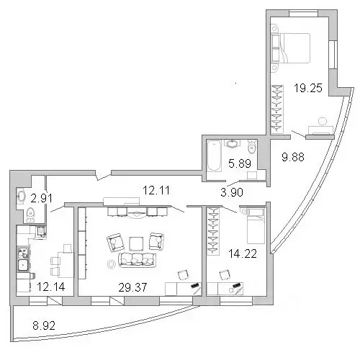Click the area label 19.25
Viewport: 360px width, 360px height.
[308, 88]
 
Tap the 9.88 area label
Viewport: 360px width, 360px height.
[293, 157]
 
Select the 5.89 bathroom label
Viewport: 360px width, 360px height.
[240, 163]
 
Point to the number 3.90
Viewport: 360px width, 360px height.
[232, 192]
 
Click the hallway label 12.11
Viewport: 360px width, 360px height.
[156, 190]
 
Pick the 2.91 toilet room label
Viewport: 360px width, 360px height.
[41, 198]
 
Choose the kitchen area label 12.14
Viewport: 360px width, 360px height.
[51, 287]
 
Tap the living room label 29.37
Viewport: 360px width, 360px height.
[132, 287]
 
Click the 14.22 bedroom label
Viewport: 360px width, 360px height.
[243, 253]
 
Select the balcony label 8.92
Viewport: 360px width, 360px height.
[44, 325]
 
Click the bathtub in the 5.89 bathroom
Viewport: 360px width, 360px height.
[214, 156]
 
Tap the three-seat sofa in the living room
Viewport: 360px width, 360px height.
[137, 260]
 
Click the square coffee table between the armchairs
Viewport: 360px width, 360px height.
[136, 244]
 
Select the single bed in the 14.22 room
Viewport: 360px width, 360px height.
[256, 226]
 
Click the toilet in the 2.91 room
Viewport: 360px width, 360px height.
[30, 215]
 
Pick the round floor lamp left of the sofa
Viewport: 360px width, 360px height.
[112, 264]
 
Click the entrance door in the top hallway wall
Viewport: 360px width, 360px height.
[103, 175]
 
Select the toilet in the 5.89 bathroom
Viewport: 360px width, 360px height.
[252, 147]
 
